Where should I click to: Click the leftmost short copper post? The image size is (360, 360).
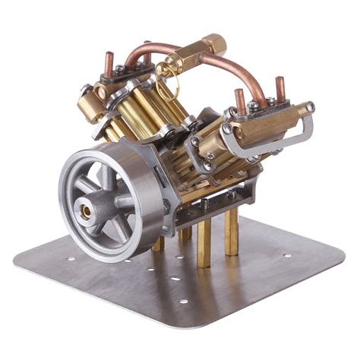tap(108, 63)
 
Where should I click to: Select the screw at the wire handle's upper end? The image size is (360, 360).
tap(310, 106)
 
